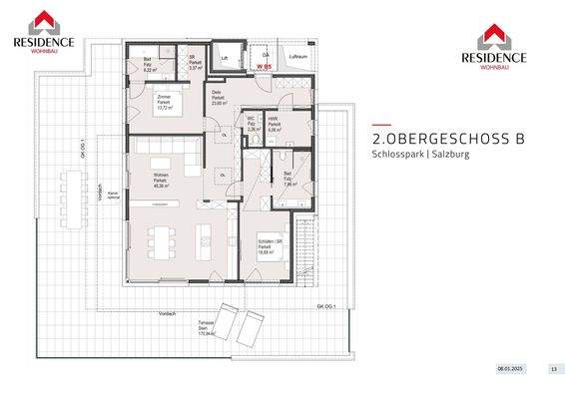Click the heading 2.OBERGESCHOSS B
click(x=447, y=141)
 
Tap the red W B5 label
click(x=265, y=67)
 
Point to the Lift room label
click(x=225, y=59)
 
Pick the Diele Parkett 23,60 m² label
click(x=219, y=98)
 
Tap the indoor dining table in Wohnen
click(x=161, y=240)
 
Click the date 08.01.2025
click(x=510, y=368)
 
